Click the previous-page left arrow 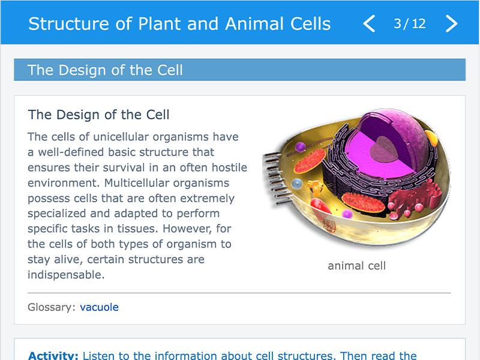[369, 23]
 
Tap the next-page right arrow [451, 23]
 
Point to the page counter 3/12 [410, 23]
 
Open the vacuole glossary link [99, 307]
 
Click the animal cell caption [356, 266]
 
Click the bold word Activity [53, 355]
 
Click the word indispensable [66, 275]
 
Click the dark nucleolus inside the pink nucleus [384, 149]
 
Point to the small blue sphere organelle [296, 184]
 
